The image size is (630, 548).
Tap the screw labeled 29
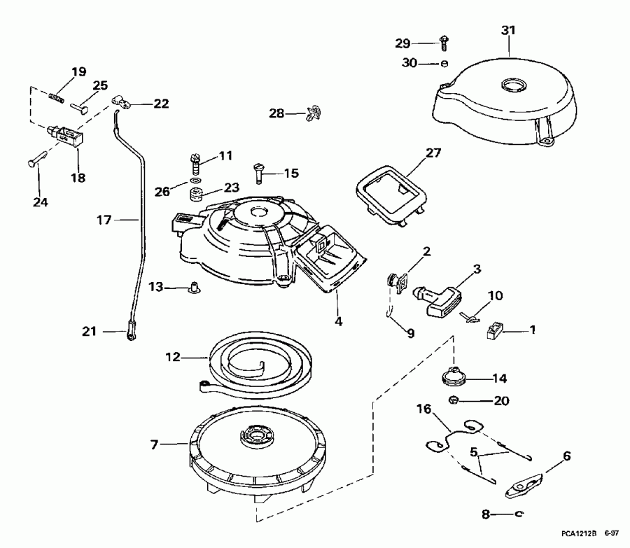pyautogui.click(x=443, y=43)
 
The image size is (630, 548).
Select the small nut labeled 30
pyautogui.click(x=443, y=64)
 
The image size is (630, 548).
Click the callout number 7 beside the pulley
pyautogui.click(x=154, y=444)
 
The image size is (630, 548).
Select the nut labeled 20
pyautogui.click(x=453, y=401)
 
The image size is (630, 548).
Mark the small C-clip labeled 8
pyautogui.click(x=518, y=514)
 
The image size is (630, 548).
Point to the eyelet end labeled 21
pyautogui.click(x=131, y=333)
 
